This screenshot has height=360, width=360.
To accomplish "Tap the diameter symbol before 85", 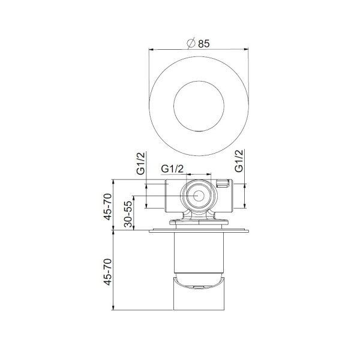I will pos(191,43).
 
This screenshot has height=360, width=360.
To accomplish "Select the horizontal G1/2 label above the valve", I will pos(173,169).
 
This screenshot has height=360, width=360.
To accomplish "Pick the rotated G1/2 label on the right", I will pos(239,160).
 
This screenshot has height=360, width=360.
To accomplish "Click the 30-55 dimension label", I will pos(128,212).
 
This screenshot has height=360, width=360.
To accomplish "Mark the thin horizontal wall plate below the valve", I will pos(197,230).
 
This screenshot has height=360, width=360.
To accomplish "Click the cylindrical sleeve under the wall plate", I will pos(197,252).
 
